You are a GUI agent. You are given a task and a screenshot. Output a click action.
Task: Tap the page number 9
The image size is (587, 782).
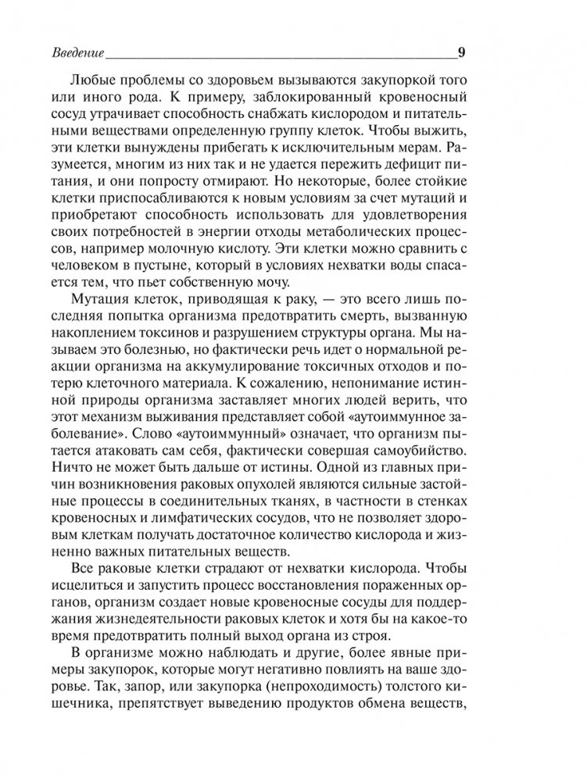click(462, 53)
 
